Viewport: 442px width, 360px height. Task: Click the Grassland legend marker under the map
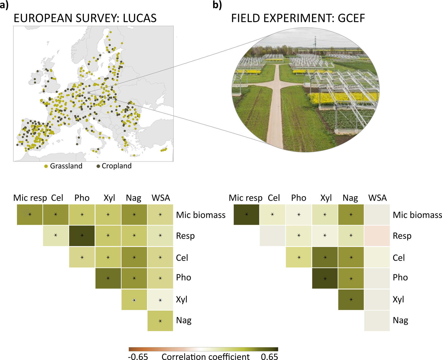click(x=46, y=166)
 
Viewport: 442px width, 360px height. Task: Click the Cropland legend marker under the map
click(x=98, y=166)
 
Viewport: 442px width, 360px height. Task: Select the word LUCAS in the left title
click(x=140, y=18)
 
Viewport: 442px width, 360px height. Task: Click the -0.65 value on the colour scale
click(x=138, y=356)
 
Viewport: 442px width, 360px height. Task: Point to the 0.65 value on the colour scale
click(x=269, y=356)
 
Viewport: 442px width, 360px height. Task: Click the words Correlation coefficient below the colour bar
click(x=206, y=356)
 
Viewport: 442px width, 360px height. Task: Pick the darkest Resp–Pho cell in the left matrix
click(x=82, y=236)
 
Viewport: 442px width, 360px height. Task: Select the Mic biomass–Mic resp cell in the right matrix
click(x=247, y=215)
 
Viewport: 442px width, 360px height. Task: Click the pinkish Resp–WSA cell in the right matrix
click(x=377, y=236)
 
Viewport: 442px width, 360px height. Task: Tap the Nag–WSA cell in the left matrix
click(x=160, y=321)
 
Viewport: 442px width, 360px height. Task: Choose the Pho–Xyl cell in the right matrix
click(x=325, y=278)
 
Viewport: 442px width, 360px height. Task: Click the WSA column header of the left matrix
click(x=161, y=198)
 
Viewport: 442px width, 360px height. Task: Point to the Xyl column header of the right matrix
click(x=326, y=198)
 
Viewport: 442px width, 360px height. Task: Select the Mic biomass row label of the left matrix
click(x=201, y=215)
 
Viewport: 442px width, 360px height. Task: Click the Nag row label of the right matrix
click(x=400, y=320)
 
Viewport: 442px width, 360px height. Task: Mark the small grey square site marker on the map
click(x=89, y=93)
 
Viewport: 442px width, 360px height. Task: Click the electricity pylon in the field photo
click(x=315, y=43)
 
